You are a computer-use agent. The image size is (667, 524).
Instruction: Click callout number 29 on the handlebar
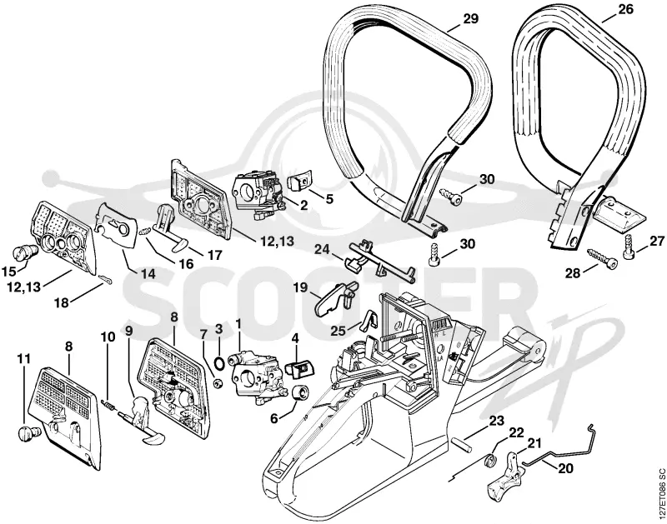point(469,18)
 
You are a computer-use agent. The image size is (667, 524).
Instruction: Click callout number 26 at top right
point(626,9)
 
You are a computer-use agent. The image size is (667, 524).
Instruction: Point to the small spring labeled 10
point(108,404)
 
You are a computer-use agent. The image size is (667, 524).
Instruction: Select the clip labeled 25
point(369,320)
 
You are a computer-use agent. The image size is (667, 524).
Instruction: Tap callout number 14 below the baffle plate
point(148,273)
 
